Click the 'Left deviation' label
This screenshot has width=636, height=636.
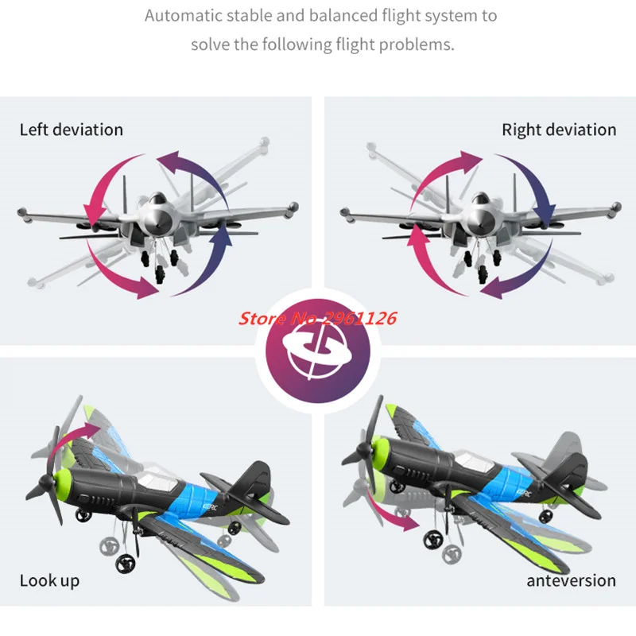(x=72, y=130)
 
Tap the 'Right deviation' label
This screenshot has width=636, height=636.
(x=559, y=130)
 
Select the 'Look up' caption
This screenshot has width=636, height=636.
(x=49, y=580)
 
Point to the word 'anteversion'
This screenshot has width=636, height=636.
(x=571, y=580)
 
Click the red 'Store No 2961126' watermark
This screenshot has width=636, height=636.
(x=318, y=319)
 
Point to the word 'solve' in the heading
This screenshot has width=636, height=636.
(x=210, y=44)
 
